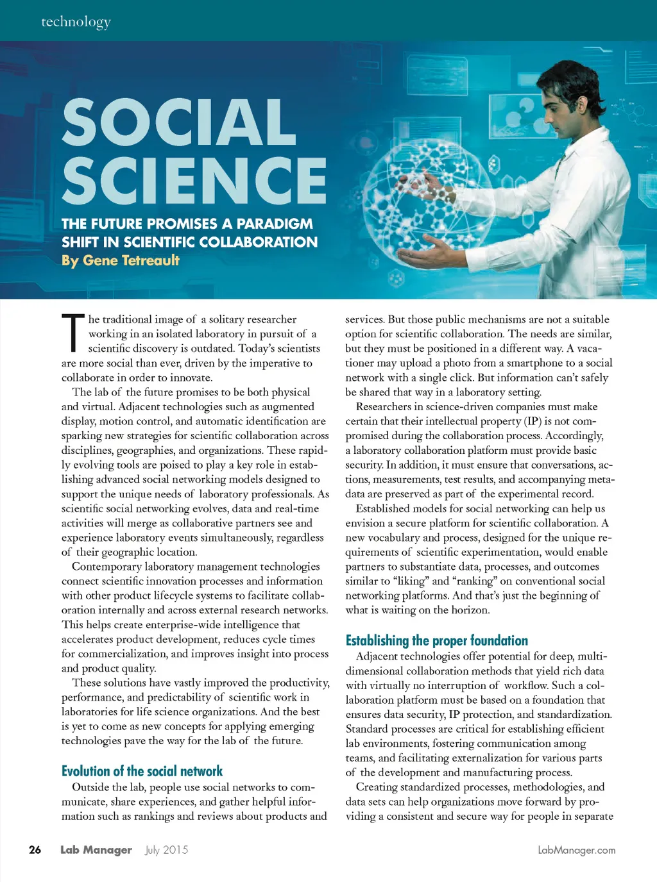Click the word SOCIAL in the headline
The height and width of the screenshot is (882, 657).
(x=179, y=122)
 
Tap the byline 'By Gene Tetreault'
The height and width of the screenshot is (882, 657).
(x=121, y=260)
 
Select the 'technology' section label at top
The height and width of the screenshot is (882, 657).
(x=76, y=22)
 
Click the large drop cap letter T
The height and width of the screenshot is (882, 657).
(x=73, y=333)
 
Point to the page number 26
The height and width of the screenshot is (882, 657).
(x=35, y=850)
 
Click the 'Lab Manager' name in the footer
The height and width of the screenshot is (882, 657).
(x=96, y=850)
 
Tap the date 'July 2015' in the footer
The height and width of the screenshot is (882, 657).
(x=167, y=850)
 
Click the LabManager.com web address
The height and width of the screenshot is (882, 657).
(x=576, y=850)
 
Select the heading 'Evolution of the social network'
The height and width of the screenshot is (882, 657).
(x=142, y=771)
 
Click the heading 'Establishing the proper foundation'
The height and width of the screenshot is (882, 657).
(x=436, y=640)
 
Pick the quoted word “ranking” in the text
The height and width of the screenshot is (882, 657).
(x=474, y=581)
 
